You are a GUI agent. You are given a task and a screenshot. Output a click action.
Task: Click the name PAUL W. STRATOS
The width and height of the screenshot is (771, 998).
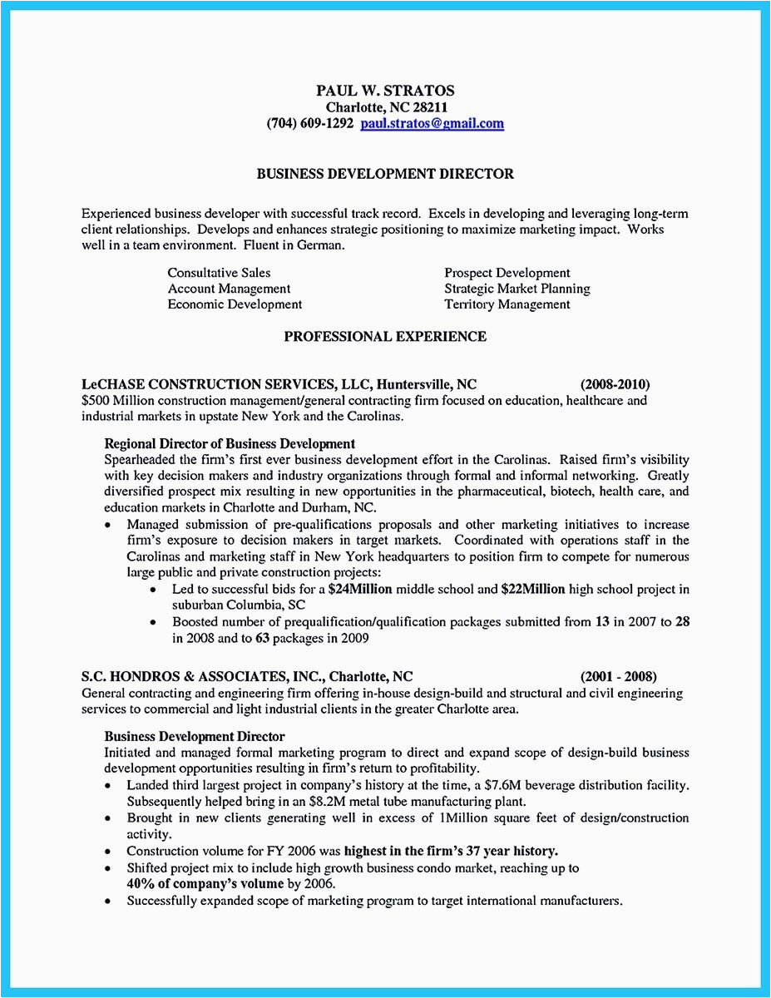pos(385,91)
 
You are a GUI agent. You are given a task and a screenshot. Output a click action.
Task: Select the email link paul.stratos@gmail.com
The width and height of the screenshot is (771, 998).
pos(432,124)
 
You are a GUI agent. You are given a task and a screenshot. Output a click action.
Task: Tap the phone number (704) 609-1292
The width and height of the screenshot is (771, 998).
pos(310,124)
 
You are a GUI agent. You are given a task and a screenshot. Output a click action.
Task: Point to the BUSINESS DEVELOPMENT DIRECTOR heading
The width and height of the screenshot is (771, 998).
pos(385,174)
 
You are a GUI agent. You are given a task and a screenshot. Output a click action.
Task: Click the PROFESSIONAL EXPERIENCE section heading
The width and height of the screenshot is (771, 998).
pos(385,336)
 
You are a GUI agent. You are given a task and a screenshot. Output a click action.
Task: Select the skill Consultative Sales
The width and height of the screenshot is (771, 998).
pos(219,273)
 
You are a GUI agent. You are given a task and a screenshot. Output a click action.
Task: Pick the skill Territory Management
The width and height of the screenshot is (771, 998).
pos(507,304)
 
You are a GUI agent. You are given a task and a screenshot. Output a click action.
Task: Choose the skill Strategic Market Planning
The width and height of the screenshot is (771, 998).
pos(517,289)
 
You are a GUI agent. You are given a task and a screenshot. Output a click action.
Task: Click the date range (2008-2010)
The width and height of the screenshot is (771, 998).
pos(615,384)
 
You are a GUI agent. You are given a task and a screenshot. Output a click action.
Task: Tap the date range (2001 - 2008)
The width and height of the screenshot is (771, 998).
pos(619,677)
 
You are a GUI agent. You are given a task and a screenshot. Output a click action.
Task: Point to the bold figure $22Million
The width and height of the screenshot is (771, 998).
pos(533,590)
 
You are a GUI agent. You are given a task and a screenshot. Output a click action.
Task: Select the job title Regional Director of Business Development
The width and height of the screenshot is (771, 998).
pos(230,444)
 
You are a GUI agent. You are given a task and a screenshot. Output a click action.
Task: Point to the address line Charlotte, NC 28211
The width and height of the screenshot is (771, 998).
pos(385,107)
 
